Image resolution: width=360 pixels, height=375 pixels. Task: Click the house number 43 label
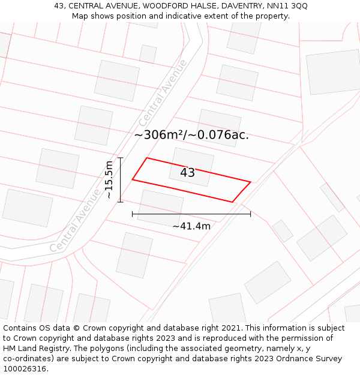[x=187, y=173]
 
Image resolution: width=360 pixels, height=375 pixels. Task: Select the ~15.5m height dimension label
[x=109, y=180]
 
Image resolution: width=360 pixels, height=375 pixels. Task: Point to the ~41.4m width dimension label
[x=191, y=226]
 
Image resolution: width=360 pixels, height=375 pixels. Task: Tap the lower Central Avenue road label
[x=76, y=220]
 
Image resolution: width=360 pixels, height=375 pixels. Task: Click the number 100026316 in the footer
[x=25, y=369]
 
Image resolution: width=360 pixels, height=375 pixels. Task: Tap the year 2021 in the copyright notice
[x=230, y=328]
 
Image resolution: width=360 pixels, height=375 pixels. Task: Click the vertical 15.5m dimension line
[x=121, y=180]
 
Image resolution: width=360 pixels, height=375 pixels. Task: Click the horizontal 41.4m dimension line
[x=191, y=214]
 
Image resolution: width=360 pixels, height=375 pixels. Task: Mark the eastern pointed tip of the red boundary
[x=250, y=182]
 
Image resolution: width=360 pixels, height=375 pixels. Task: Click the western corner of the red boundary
[x=133, y=179]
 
